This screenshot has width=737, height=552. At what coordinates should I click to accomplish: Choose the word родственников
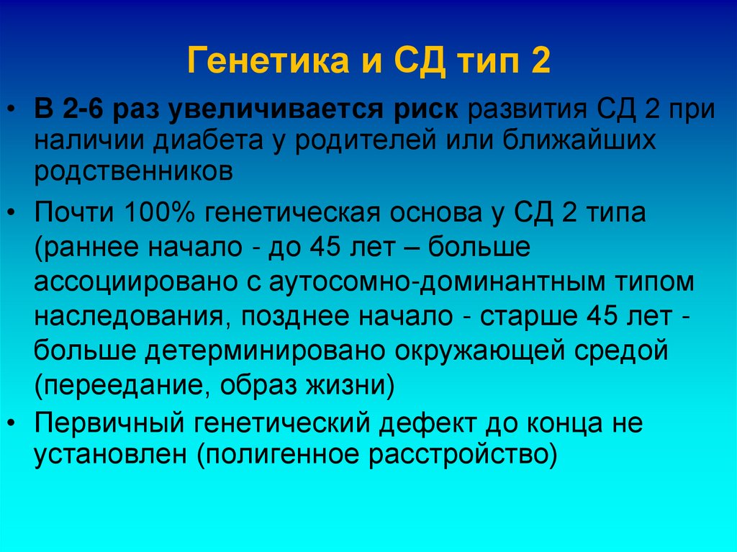[133, 171]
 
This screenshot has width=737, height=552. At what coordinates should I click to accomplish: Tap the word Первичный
[107, 423]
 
